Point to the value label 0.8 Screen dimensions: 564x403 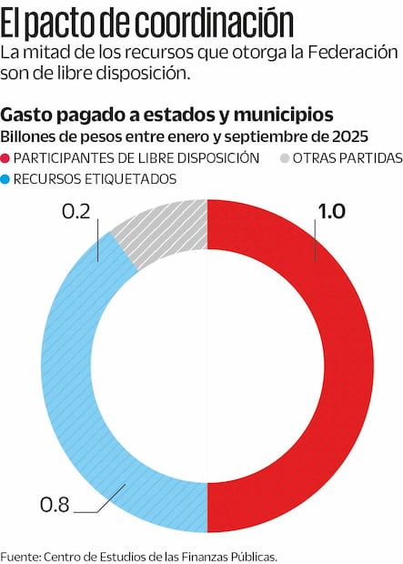click(54, 503)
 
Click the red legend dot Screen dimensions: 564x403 click(7, 158)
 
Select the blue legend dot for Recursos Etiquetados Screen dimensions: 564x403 click(7, 179)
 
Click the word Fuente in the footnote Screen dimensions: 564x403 click(19, 555)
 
